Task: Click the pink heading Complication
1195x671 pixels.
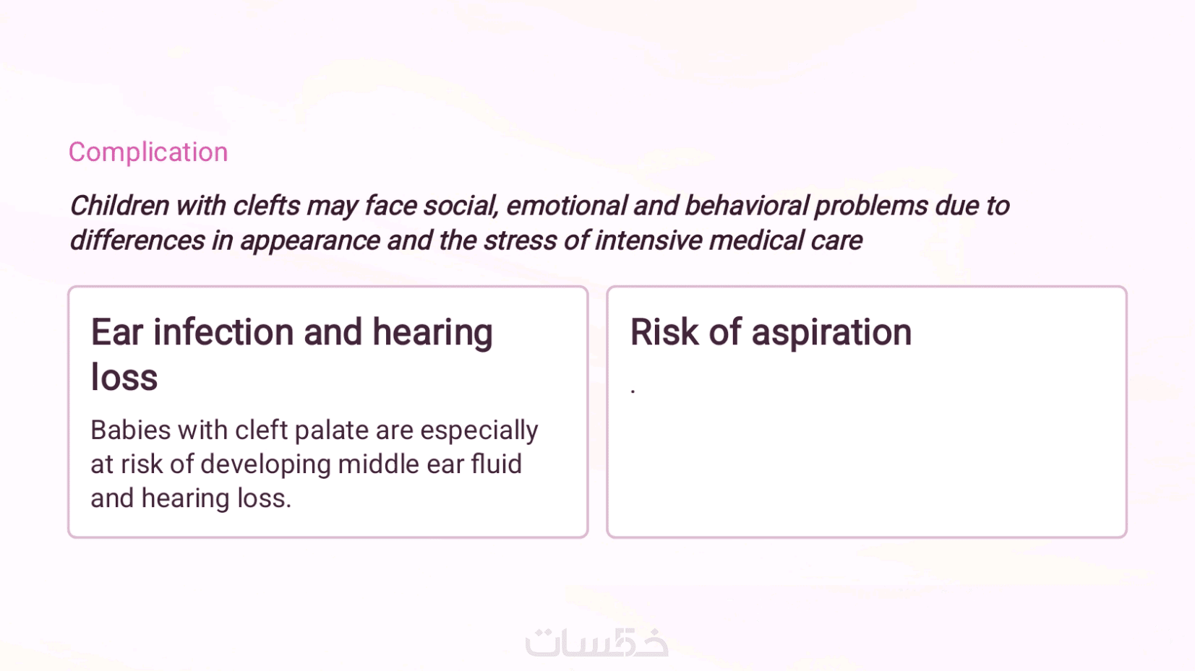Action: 148,152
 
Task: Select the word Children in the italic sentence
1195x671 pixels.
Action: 119,205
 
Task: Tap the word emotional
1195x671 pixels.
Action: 566,206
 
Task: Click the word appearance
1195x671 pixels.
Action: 309,241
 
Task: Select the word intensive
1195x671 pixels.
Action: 648,240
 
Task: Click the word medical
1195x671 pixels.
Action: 756,240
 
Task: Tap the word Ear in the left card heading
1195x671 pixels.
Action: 117,332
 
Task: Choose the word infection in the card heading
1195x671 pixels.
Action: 223,332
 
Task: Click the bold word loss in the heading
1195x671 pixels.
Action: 124,377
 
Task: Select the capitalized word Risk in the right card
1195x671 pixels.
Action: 664,332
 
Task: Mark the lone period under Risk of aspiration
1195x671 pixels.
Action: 633,391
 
